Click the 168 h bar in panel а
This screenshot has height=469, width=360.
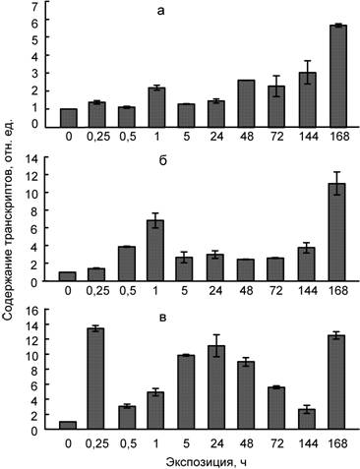(x=338, y=76)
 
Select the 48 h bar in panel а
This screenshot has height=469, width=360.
(x=247, y=103)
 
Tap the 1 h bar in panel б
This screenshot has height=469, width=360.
(x=155, y=251)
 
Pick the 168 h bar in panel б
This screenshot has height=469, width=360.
(x=337, y=232)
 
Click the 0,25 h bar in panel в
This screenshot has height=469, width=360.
(x=96, y=379)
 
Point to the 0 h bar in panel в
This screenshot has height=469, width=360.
(x=68, y=425)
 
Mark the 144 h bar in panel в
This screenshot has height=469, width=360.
(x=307, y=419)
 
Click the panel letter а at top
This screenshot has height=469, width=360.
(x=160, y=12)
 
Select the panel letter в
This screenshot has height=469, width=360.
(x=162, y=318)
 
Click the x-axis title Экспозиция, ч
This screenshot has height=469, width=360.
(x=206, y=462)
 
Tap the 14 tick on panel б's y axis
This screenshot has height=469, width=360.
(x=34, y=159)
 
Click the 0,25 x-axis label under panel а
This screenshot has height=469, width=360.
(x=97, y=137)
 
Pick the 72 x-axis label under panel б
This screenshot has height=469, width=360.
(x=276, y=290)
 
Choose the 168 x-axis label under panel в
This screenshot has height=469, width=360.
(x=337, y=443)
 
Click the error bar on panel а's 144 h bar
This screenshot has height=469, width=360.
(x=308, y=72)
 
